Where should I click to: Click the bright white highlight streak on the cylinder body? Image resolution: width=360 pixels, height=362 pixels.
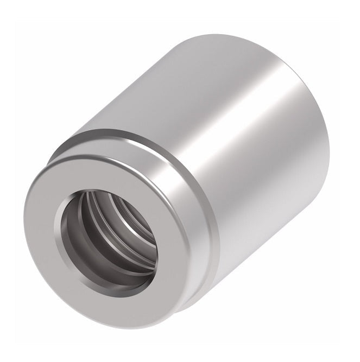tap(217, 136)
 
